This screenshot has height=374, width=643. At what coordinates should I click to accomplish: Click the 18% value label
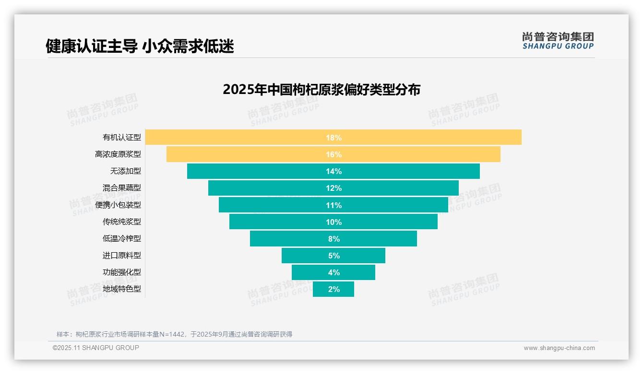[333, 138]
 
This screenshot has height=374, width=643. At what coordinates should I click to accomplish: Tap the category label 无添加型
[125, 171]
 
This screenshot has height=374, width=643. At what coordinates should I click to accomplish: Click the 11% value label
[333, 205]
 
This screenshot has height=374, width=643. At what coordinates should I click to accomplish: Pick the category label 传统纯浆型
[122, 222]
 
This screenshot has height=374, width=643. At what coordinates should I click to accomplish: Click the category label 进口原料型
[122, 256]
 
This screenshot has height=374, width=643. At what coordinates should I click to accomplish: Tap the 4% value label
[333, 272]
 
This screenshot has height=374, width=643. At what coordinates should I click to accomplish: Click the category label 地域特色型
[122, 289]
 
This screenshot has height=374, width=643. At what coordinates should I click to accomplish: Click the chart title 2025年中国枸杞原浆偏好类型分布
[321, 90]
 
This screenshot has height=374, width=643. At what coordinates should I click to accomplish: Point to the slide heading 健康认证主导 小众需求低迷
[140, 47]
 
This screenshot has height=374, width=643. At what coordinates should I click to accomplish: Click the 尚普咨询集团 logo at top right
[558, 40]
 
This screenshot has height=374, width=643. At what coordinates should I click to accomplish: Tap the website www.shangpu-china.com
[559, 348]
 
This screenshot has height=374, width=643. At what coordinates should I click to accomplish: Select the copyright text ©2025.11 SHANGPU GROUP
[96, 348]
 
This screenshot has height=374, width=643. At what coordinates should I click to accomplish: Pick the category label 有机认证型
[122, 138]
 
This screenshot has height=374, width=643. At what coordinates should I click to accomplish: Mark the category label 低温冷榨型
[122, 239]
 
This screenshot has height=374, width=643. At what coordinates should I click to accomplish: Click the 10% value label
[333, 222]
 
